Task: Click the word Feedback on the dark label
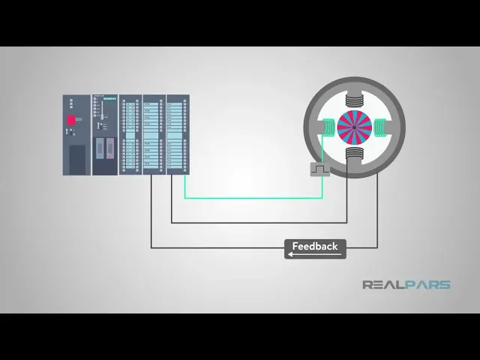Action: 315,246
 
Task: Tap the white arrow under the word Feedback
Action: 315,254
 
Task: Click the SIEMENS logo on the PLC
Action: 109,97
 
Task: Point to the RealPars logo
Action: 406,285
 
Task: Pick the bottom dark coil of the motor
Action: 354,155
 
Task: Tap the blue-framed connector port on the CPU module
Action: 110,148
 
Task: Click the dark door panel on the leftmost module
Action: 77,159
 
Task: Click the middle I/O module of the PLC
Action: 152,135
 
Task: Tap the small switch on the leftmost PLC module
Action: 68,132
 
